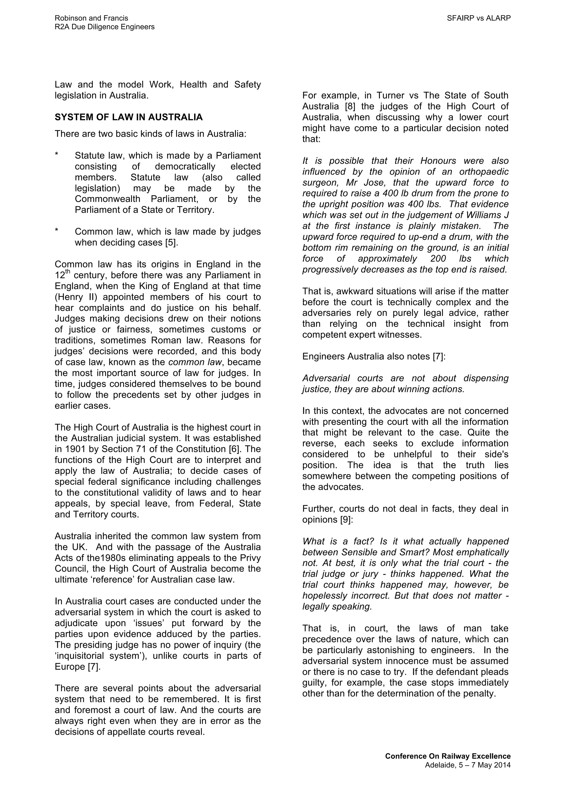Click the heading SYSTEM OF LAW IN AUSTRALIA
pos(129,117)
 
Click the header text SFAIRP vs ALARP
pos(478,18)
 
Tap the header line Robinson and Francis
pos(91,18)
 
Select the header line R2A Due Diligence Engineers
pos(104,27)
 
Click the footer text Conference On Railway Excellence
pos(448,756)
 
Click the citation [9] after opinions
pos(346,520)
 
